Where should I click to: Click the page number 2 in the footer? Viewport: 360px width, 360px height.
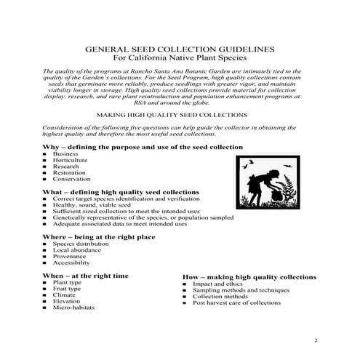click(316, 340)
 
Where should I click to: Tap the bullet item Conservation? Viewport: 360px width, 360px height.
click(72, 178)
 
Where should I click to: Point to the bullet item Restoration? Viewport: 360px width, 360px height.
click(71, 172)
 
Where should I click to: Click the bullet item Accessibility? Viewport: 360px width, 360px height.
click(73, 263)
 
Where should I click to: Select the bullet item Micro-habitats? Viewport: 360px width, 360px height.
click(73, 308)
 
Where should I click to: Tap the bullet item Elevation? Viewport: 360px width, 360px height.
click(68, 301)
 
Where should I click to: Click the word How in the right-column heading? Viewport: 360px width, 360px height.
click(191, 277)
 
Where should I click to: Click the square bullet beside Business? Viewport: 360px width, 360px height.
click(45, 153)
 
